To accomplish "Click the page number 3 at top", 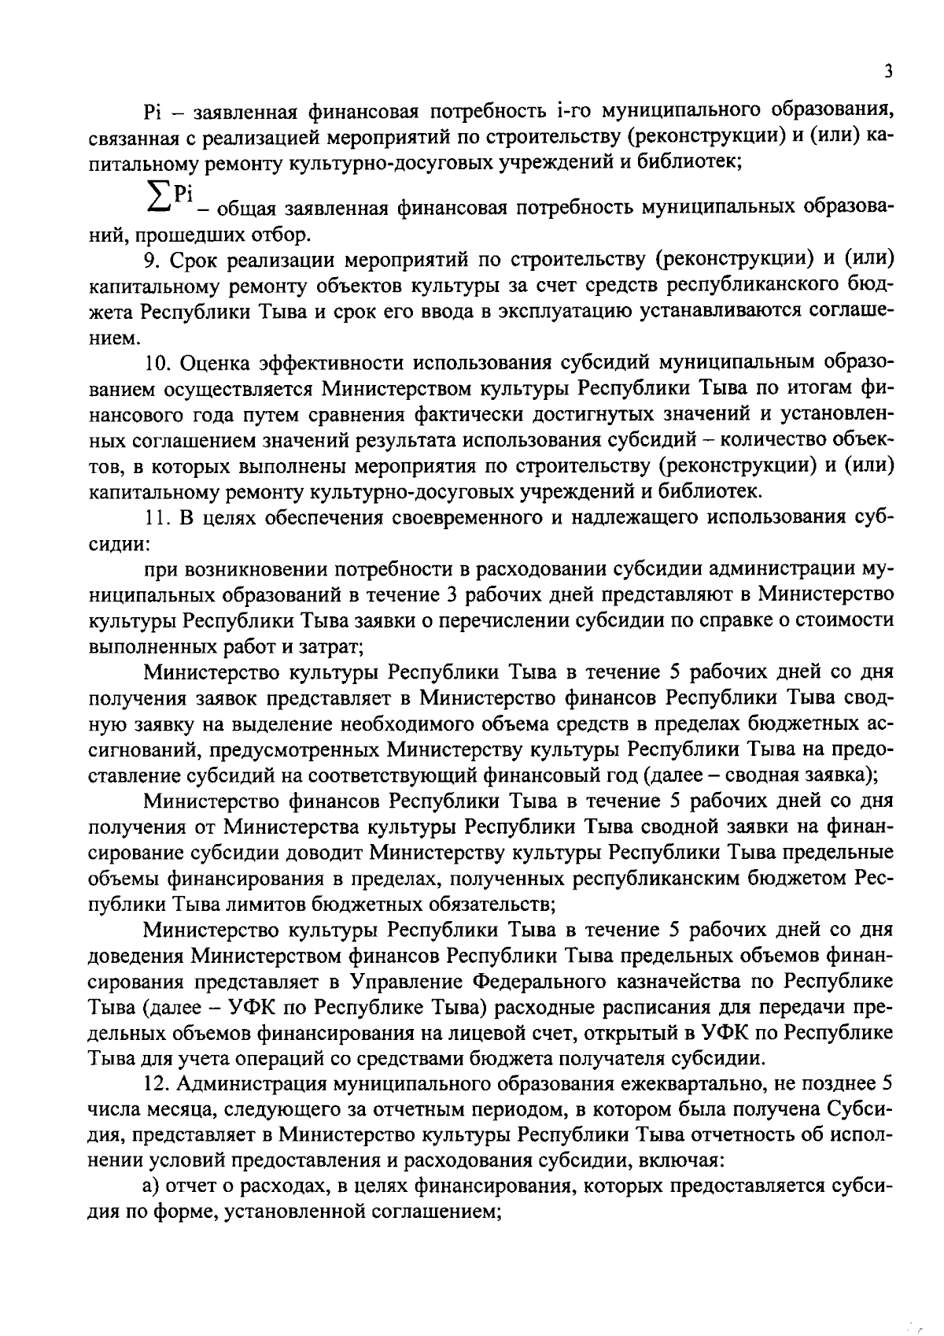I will coord(887,72).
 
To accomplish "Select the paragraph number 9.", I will coord(150,259).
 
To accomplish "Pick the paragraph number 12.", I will coord(157,1083).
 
